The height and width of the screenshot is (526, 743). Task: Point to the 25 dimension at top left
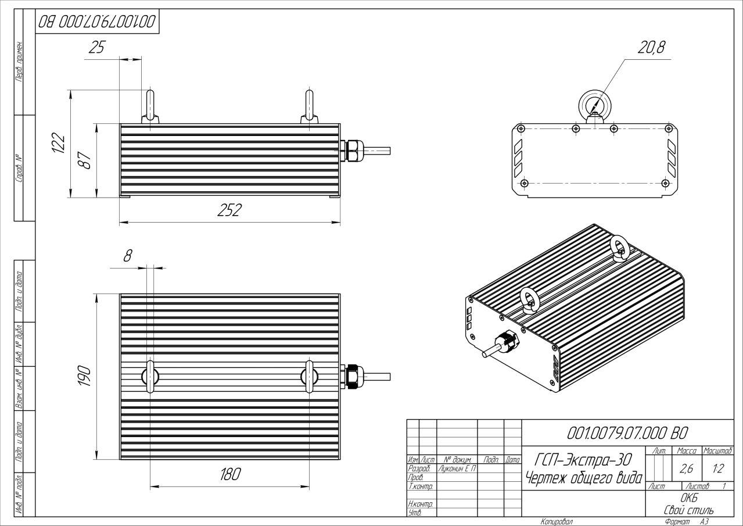click(96, 49)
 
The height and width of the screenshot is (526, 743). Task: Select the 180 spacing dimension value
click(229, 475)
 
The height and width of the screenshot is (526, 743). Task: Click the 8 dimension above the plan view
click(128, 254)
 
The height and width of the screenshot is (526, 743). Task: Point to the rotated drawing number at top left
click(96, 22)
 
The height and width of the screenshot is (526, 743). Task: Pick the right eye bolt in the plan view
click(310, 377)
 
